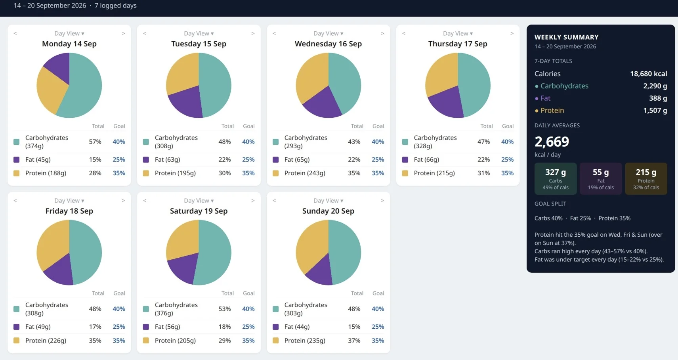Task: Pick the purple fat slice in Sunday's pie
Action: [x=320, y=271]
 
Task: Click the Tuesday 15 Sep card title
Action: [x=199, y=44]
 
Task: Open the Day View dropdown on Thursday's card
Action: [x=458, y=33]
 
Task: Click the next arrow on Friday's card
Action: [x=123, y=201]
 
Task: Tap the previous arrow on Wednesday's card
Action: [x=274, y=33]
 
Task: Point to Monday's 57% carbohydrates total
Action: [x=95, y=142]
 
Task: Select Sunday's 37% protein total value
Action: [x=354, y=340]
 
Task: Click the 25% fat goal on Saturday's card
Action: [x=248, y=327]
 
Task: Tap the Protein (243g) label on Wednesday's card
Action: [x=305, y=173]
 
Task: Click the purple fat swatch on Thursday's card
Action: [x=405, y=159]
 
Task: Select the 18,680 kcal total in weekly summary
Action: [x=648, y=74]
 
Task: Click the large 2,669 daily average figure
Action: [x=552, y=142]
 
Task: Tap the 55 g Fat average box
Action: [x=600, y=179]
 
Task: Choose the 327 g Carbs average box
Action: [x=556, y=179]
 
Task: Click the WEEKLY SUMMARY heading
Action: [x=566, y=37]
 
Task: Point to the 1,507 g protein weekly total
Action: [x=655, y=110]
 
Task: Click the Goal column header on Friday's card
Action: [x=119, y=293]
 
